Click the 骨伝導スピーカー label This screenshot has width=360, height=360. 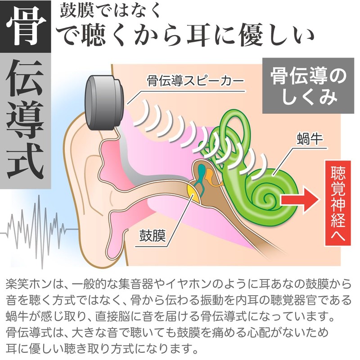pos(195,81)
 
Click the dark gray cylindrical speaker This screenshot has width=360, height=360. pos(105,102)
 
